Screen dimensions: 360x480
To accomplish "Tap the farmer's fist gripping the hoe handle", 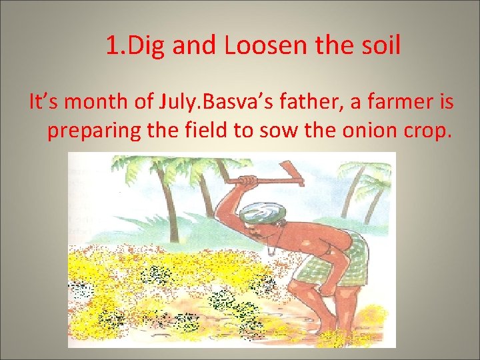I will pos(248,181).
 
